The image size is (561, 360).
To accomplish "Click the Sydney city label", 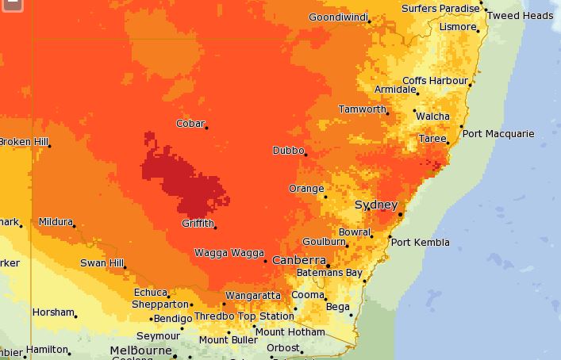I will tap(375, 205).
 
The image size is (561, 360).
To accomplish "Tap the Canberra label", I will tap(299, 260).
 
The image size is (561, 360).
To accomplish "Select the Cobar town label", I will tap(190, 123).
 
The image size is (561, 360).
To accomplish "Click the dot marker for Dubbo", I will tap(305, 154).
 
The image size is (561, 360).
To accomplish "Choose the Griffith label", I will tap(197, 223).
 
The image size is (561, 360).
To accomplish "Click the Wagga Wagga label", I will tap(229, 253).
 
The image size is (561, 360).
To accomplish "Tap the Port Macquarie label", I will tap(498, 133).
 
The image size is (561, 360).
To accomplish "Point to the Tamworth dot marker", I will tap(388, 113).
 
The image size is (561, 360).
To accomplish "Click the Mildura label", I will tap(55, 222).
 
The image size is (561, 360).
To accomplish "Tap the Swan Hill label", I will tap(102, 262).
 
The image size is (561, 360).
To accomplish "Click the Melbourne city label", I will tap(141, 350).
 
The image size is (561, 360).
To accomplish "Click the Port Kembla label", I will tap(420, 242).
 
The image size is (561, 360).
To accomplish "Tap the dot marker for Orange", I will tap(325, 193).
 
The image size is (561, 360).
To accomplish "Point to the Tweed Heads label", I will tap(520, 15).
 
